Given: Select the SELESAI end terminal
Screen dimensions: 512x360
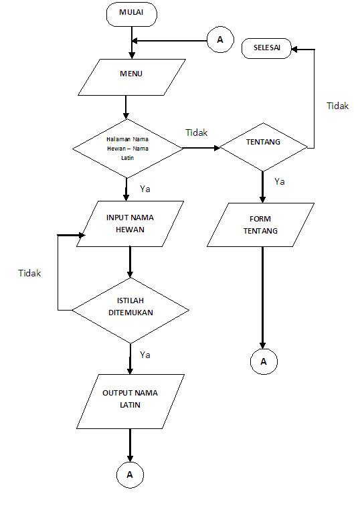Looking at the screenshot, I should pos(267,48).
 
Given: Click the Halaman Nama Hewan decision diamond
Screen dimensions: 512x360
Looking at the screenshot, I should pos(127,148).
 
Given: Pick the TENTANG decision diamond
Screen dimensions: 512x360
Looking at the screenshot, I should pos(263,143).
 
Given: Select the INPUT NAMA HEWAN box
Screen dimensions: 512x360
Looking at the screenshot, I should pos(130,224).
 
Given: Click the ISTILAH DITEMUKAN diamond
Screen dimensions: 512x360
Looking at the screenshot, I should pos(130,307).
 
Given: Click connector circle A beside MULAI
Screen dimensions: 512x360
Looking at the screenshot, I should pos(219,40).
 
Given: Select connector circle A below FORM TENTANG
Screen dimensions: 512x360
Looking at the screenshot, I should pos(263,361).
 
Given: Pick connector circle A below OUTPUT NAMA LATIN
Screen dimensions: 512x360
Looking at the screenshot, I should pos(130,475).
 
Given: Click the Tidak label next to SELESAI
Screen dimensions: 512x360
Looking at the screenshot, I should pos(337,106).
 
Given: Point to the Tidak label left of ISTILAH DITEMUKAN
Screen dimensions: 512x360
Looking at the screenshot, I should pos(29,273).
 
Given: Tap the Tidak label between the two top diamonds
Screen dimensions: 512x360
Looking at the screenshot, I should pos(196,133).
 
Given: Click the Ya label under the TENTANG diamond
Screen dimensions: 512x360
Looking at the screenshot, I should pos(279,181).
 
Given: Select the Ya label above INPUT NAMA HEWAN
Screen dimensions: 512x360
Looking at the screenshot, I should pos(145,189).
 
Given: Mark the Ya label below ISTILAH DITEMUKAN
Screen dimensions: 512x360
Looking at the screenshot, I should pos(145,355).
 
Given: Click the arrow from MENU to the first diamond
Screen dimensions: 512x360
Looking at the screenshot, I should pos(126,107).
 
